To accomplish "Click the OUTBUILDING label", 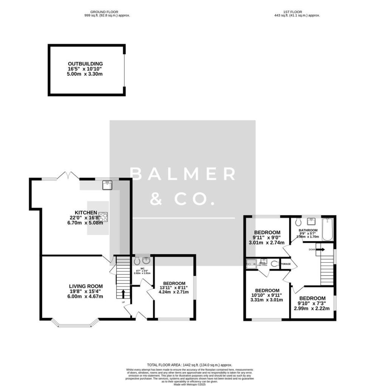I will pos(85,64).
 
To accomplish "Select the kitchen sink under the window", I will pos(108,184).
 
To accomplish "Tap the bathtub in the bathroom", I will pos(328,230).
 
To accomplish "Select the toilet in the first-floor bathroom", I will pos(299,222).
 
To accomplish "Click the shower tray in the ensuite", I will pos(251,264).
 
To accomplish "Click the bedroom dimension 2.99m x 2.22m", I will pos(312,308).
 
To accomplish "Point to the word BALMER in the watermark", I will pos(182,174).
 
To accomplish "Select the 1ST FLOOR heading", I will pos(297,12).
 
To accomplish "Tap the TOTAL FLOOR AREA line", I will pos(189,365).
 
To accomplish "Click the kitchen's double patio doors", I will pos(68,176).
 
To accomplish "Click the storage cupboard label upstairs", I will pos(286,264).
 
